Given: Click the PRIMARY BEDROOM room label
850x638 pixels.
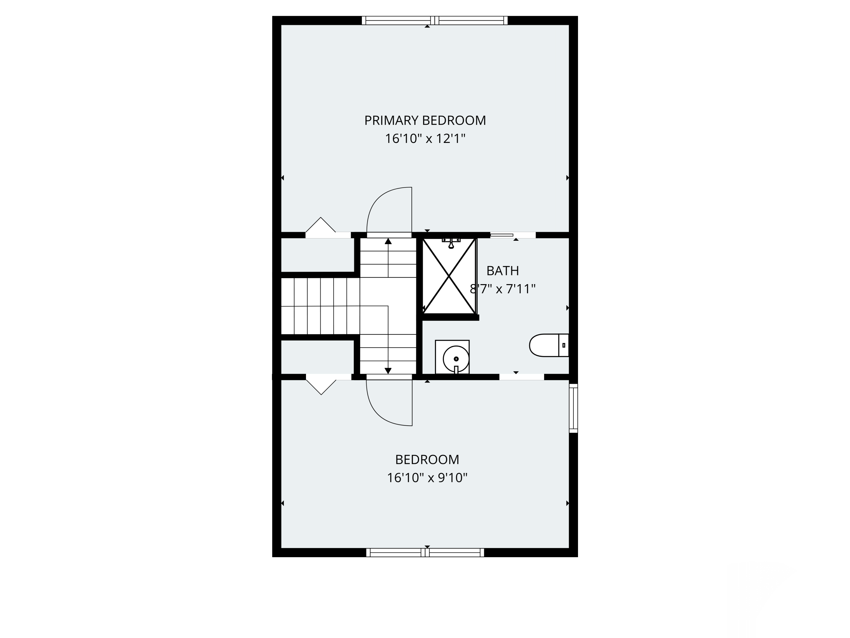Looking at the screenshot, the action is pos(425,121).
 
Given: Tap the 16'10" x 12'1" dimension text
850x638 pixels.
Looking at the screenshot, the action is pos(425,138).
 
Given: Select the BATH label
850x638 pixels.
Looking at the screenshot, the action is pos(503,271).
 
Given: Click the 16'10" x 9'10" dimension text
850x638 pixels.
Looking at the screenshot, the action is pos(427,478).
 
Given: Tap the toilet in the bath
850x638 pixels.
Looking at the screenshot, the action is pos(549,345).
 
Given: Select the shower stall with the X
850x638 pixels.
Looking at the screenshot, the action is pos(449,276).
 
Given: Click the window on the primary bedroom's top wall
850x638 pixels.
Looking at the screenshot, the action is pos(435,20).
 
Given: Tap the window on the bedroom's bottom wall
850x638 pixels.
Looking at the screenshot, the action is pos(425,553).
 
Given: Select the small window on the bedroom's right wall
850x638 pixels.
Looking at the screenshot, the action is pos(573,408).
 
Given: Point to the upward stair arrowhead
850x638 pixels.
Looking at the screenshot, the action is pos(388,241).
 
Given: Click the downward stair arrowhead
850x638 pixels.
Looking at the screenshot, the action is pos(388,371).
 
